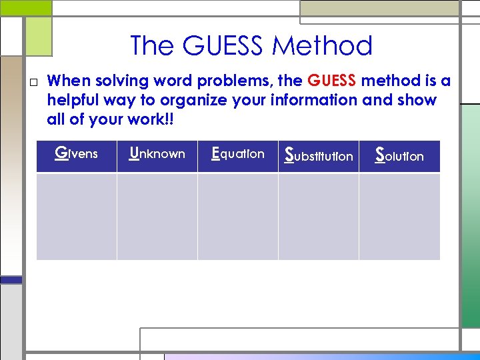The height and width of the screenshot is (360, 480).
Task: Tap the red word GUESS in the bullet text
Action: (x=332, y=81)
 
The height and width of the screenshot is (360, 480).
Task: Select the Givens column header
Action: (x=76, y=154)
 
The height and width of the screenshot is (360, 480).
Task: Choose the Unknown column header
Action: (x=157, y=154)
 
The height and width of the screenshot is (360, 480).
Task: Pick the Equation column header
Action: (x=237, y=154)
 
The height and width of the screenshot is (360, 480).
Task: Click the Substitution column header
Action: (x=319, y=155)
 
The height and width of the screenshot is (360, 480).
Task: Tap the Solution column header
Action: (x=399, y=155)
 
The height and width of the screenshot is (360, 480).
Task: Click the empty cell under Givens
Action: (x=76, y=216)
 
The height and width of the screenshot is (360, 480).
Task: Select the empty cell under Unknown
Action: (x=157, y=216)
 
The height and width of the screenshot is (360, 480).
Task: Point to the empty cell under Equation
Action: (x=237, y=216)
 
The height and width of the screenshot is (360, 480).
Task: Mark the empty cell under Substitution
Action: (x=319, y=216)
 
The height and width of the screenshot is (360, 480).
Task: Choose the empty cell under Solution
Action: (x=399, y=216)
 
